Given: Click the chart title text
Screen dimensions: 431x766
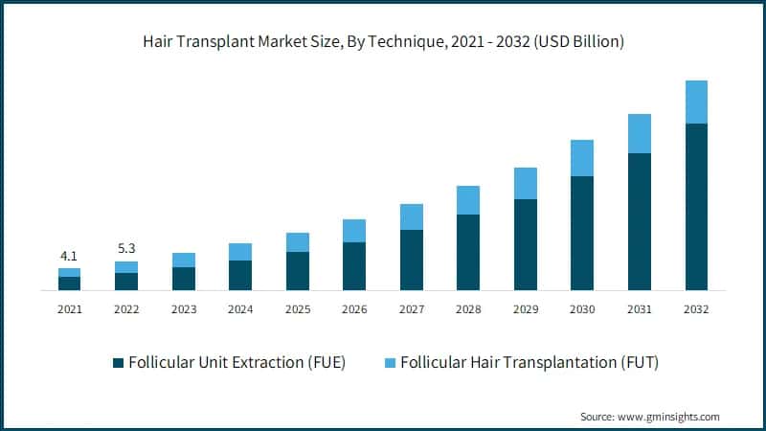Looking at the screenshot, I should [x=383, y=41].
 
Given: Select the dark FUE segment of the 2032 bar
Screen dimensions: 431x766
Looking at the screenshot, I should [x=696, y=206].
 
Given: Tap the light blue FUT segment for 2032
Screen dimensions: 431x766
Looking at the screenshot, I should [x=696, y=102].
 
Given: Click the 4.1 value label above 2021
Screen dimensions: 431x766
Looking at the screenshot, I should [x=69, y=256].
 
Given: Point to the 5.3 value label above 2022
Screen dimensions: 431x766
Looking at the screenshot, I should [x=126, y=249].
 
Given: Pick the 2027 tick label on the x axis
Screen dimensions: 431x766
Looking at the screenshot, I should [x=411, y=309].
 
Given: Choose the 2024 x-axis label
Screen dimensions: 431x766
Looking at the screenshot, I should [x=240, y=309].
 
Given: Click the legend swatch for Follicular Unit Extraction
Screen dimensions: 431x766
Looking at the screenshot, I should [x=119, y=362].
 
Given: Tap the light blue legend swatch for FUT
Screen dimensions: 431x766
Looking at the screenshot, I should [x=389, y=362].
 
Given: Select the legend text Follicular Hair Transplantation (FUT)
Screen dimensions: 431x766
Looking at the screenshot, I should [x=529, y=362].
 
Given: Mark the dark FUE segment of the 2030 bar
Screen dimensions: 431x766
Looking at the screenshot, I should [x=582, y=233].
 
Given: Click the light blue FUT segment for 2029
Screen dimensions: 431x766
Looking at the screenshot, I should [x=525, y=183].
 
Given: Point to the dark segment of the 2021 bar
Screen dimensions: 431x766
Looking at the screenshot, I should [x=69, y=283].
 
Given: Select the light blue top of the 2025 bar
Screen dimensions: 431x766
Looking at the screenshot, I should [x=297, y=241].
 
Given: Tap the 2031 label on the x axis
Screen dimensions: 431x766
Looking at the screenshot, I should [x=639, y=309].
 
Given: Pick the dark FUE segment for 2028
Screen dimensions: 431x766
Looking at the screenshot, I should [x=467, y=252].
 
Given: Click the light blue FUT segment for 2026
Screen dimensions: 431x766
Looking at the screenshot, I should [x=354, y=230].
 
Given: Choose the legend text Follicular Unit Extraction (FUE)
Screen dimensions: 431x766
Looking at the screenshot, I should [x=237, y=362].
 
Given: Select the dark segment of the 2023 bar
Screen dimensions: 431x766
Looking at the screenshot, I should [x=183, y=278].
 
